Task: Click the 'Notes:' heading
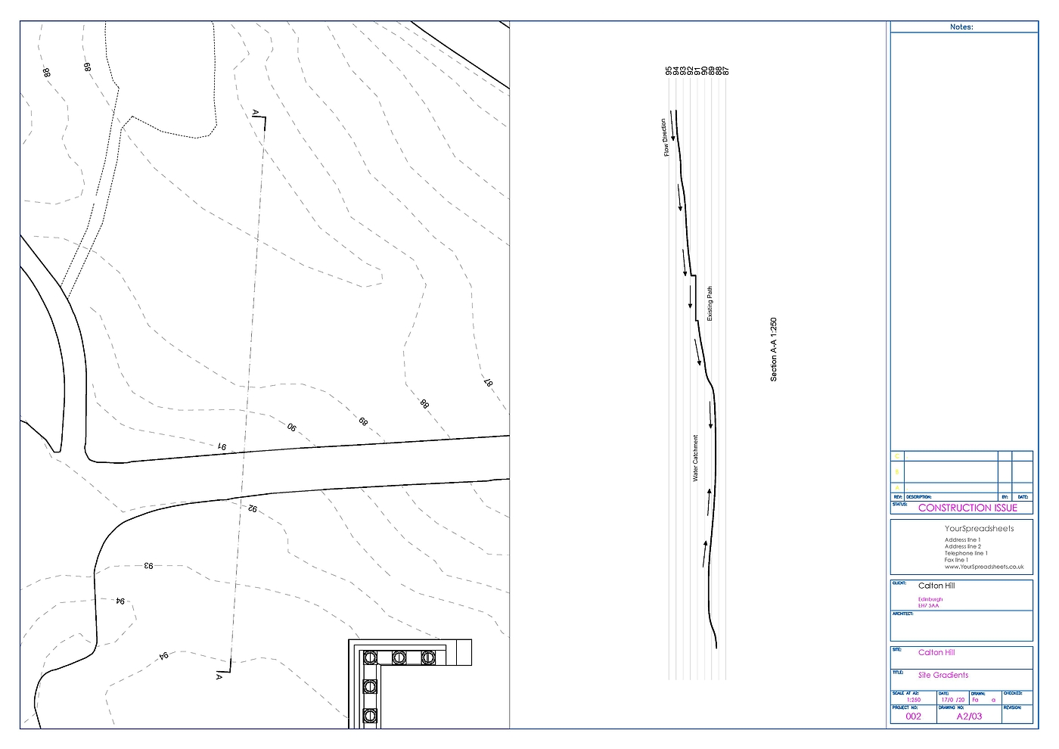pos(961,27)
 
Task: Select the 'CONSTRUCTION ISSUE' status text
pos(967,508)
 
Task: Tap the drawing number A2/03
pos(969,716)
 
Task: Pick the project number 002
pos(914,716)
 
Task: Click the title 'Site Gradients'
pos(943,675)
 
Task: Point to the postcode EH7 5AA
pos(928,605)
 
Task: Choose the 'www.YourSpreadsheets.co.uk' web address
pos(983,567)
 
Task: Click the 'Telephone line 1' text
pos(965,553)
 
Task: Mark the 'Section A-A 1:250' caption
pos(773,349)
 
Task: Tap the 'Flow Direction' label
pos(665,138)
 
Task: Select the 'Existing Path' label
pos(710,303)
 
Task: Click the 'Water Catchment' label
pos(695,458)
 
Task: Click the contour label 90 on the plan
pos(291,427)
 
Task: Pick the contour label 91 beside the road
pos(222,447)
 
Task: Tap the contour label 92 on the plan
pos(252,509)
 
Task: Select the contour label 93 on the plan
pos(148,565)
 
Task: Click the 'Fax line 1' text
pos(956,560)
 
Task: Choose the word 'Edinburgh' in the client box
pos(930,599)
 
